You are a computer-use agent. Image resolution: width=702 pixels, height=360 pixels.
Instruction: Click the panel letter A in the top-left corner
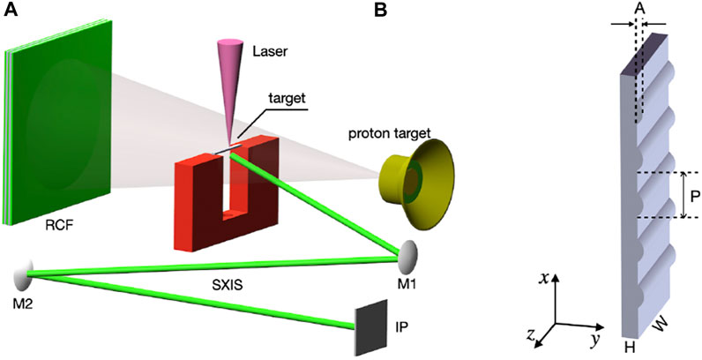click(x=11, y=10)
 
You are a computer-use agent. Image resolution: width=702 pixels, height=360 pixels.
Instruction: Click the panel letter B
click(x=380, y=10)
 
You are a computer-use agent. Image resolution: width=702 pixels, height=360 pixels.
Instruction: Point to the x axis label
click(x=543, y=278)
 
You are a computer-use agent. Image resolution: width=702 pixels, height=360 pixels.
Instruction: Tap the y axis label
click(x=595, y=341)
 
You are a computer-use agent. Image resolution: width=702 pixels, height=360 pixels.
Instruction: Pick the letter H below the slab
click(x=630, y=348)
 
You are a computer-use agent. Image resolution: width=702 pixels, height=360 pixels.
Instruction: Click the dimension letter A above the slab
click(x=639, y=8)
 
